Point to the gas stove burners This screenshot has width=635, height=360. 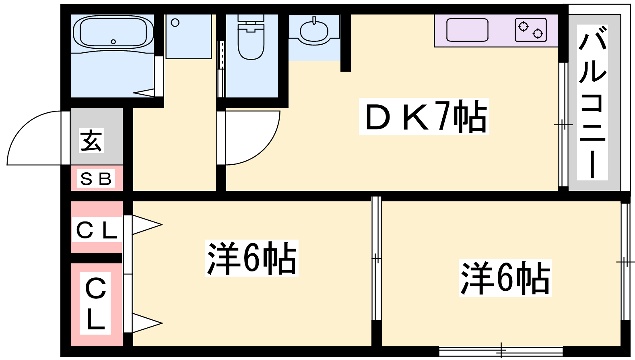535,30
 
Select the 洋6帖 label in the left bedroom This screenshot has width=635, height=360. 251,259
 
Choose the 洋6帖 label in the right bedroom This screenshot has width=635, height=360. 505,277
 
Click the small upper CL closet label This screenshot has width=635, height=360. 97,230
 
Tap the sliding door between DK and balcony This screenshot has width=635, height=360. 563,125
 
